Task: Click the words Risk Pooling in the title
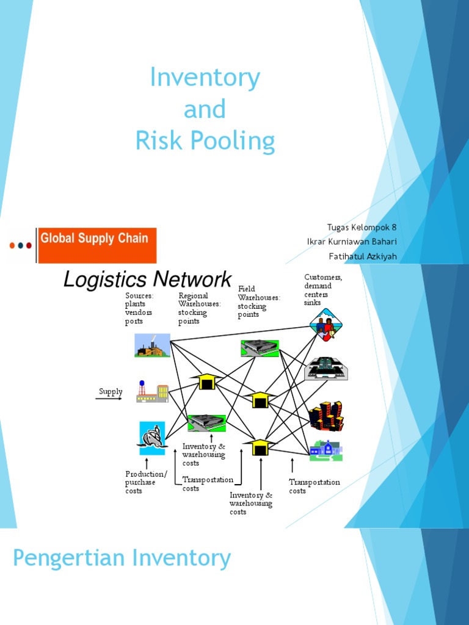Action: click(205, 141)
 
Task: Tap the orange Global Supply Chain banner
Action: click(96, 245)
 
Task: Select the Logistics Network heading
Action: click(147, 280)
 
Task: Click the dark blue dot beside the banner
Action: click(21, 245)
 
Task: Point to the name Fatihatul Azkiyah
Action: click(363, 256)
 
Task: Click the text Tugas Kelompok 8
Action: click(362, 228)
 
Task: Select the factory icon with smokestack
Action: click(152, 345)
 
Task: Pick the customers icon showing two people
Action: click(325, 325)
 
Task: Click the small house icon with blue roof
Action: click(325, 450)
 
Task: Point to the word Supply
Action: click(111, 392)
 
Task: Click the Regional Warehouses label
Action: click(199, 308)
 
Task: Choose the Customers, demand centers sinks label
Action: click(323, 290)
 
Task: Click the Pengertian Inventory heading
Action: click(122, 558)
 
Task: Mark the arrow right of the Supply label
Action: click(109, 399)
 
